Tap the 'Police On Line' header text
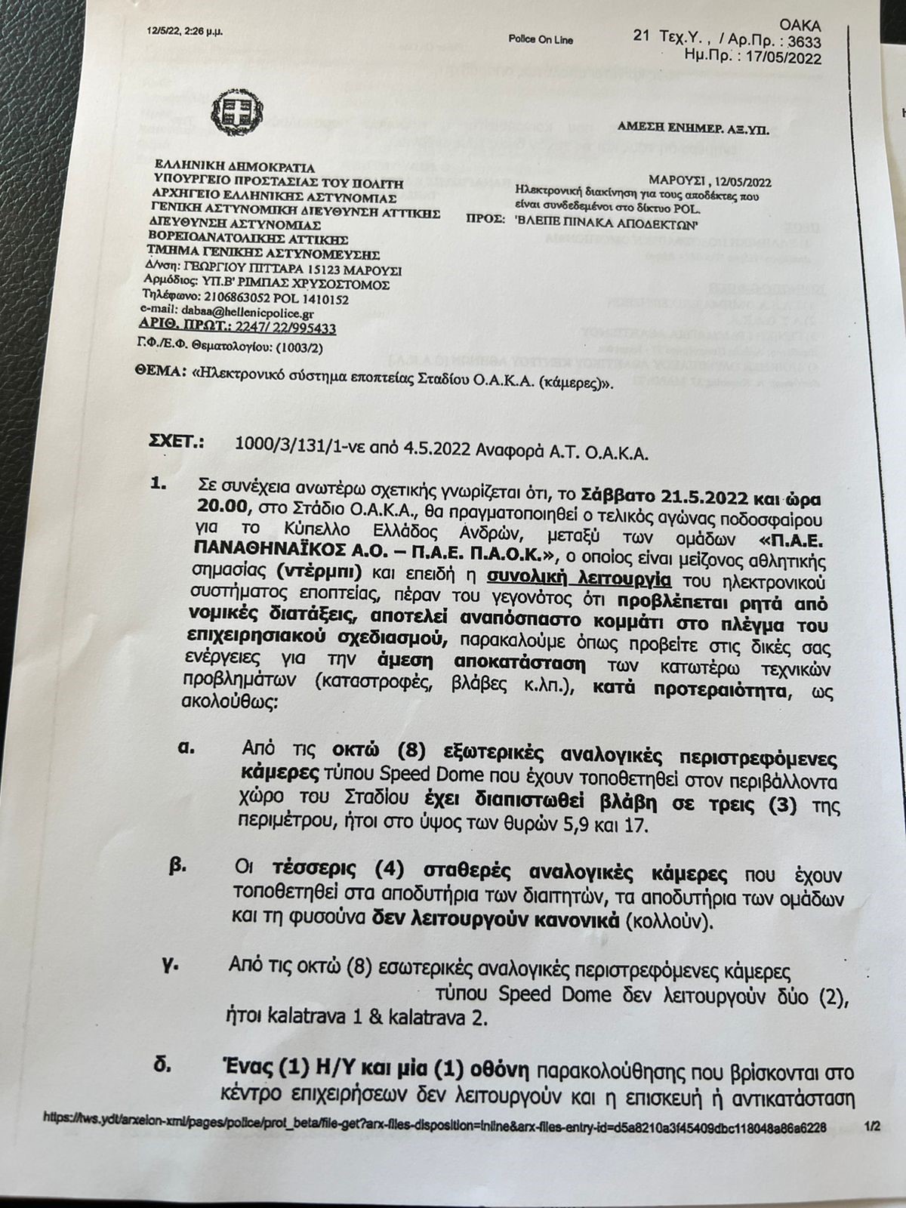tap(541, 39)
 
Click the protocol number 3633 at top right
tap(803, 43)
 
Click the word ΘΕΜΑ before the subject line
tap(162, 372)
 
